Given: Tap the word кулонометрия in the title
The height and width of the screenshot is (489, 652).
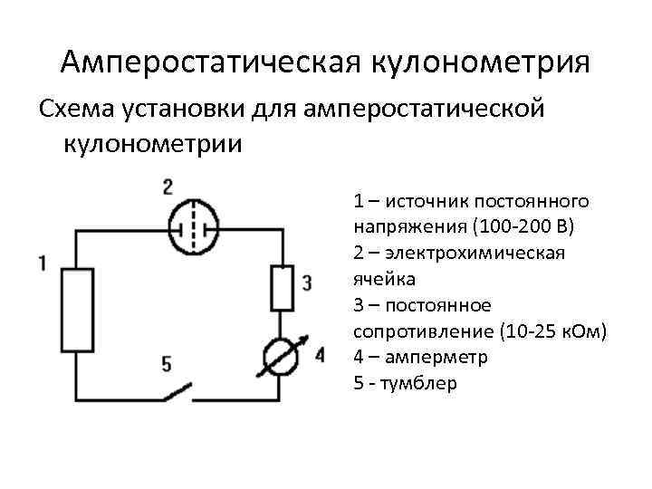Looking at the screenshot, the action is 479,62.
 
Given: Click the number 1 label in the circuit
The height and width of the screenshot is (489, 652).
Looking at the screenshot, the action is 43,264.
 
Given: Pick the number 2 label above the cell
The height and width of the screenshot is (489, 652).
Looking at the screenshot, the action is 168,188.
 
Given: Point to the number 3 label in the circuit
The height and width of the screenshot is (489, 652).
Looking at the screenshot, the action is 307,283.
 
